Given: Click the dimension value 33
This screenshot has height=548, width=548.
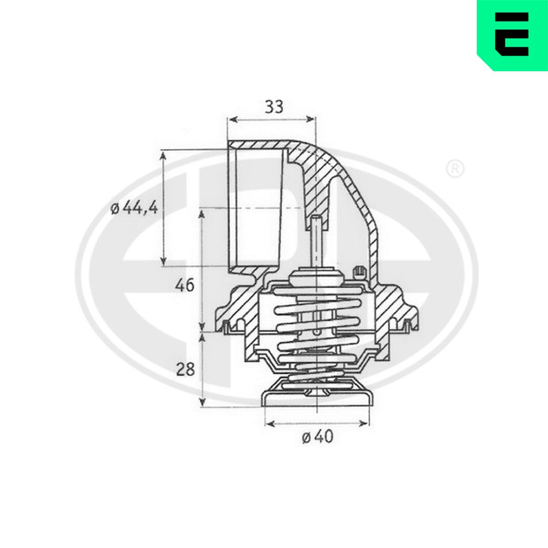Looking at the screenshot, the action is coord(274,107).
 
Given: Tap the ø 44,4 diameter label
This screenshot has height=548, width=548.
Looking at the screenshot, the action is coord(134,208).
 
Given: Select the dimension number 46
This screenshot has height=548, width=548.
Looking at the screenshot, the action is coord(185,286).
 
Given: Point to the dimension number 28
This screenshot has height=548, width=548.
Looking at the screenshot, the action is coord(185,369).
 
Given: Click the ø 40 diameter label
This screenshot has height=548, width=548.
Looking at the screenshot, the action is coord(318,437).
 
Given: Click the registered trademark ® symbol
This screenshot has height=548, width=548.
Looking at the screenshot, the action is coord(455,169).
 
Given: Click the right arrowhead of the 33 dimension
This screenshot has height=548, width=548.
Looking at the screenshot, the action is coord(310,119).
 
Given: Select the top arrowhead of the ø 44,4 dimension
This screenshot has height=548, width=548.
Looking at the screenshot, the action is coord(163,156).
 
